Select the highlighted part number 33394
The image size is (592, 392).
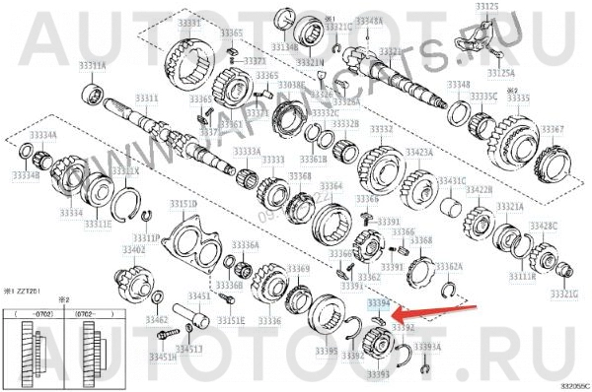tap(379, 305)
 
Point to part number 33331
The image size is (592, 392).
tap(187, 22)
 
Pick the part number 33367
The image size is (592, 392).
tap(553, 129)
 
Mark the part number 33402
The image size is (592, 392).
tap(133, 249)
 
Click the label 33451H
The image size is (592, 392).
tap(163, 358)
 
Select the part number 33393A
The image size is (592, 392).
tap(427, 347)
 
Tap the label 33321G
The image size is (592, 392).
tap(563, 293)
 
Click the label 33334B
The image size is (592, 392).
tap(26, 173)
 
